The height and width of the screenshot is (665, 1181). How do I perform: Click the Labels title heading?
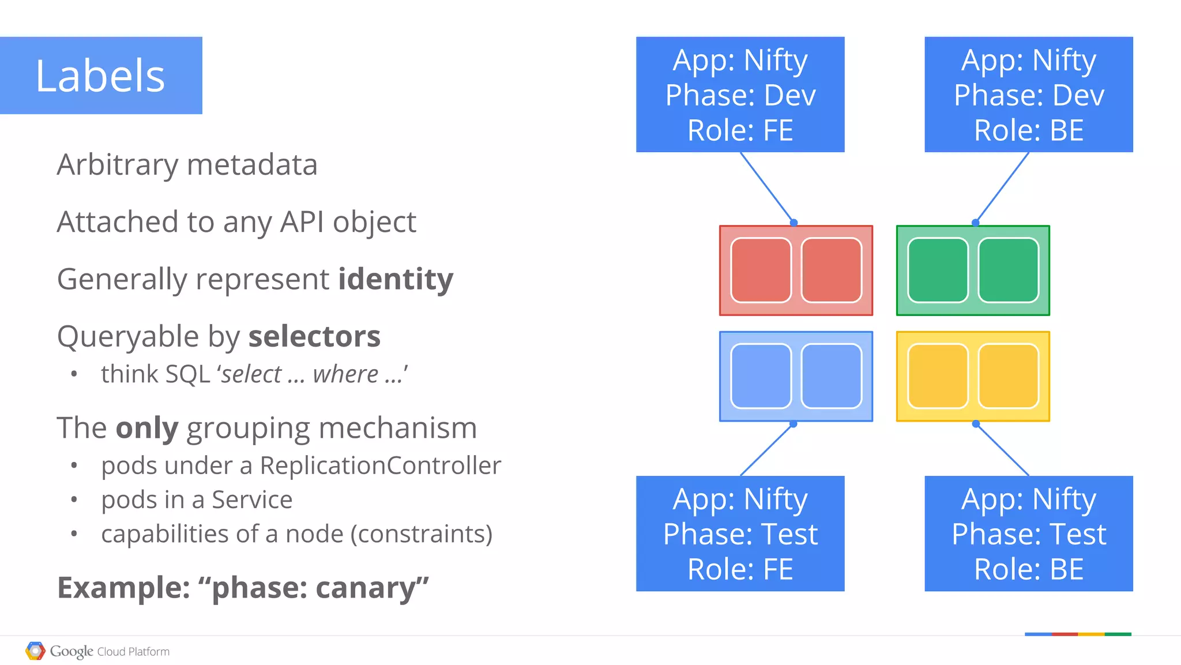pos(100,76)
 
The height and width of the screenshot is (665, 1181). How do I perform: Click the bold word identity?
pos(396,279)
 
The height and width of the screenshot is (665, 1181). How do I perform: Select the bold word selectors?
pos(314,336)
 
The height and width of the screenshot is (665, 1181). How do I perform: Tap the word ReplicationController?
pos(380,465)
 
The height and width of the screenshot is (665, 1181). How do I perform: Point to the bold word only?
pos(147,428)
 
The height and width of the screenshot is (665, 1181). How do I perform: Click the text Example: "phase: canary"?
pos(243,588)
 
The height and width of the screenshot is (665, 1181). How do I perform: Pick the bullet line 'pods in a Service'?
pos(197,499)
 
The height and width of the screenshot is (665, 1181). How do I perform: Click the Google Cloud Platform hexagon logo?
pos(35,651)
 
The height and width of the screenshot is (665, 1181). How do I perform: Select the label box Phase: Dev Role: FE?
pos(740,95)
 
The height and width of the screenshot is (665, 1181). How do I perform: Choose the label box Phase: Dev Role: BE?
pos(1028,95)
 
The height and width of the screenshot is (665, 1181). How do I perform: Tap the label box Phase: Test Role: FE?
pos(740,533)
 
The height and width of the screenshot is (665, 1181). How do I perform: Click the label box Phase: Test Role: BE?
pos(1028,533)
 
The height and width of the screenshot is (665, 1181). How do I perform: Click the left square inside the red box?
pos(761,270)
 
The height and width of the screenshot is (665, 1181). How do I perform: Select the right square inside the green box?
pos(1008,270)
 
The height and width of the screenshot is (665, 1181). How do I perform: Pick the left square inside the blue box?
pos(761,376)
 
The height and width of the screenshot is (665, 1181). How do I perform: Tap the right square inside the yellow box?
pos(1008,376)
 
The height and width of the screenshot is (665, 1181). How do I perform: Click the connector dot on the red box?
pos(793,223)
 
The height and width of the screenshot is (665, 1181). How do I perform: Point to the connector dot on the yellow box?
pos(976,424)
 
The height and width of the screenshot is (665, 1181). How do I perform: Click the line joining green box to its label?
pos(1002,187)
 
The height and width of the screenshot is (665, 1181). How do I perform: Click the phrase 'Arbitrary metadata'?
pos(187,165)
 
